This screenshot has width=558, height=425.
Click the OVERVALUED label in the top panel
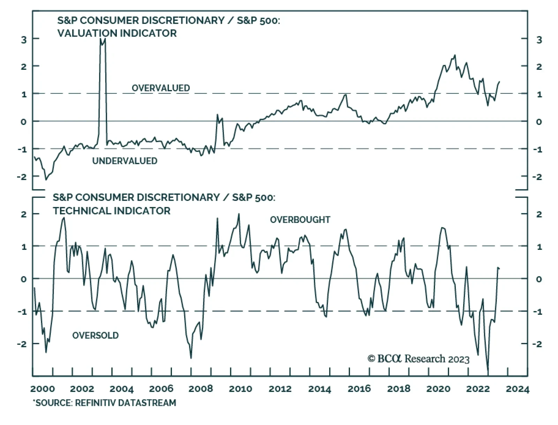[x=160, y=88]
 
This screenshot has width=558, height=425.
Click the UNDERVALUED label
[x=125, y=161]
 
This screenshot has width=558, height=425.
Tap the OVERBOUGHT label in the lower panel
[x=300, y=220]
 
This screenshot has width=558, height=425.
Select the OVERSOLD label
[x=95, y=335]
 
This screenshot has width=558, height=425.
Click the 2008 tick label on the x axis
[x=201, y=389]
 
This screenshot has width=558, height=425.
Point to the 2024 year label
[x=517, y=389]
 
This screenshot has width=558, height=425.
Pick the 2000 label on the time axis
[x=43, y=389]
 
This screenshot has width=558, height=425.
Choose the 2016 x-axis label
[x=359, y=389]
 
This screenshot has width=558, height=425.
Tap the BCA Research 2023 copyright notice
[x=418, y=359]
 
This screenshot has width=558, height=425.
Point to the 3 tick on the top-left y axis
[x=24, y=39]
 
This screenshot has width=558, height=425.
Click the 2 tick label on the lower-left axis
[x=24, y=214]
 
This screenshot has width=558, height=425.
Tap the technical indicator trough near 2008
[x=191, y=358]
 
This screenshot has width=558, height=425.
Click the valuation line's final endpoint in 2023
[x=499, y=82]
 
